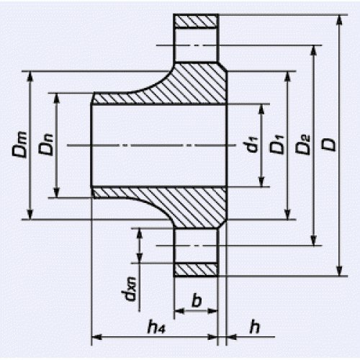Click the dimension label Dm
(19, 145)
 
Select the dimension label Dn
(46, 145)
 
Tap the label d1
(251, 144)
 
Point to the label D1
(276, 145)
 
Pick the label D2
(303, 145)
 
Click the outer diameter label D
(329, 145)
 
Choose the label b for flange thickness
(197, 300)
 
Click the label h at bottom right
(254, 326)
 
